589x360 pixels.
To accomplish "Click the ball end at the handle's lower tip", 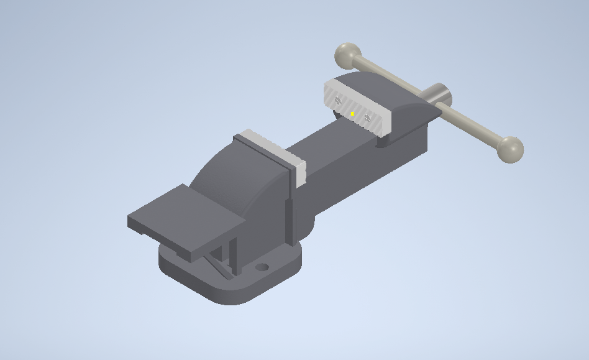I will pyautogui.click(x=510, y=149).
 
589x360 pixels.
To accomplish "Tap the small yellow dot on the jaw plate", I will pyautogui.click(x=352, y=114).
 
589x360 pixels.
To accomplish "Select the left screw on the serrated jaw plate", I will pyautogui.click(x=338, y=99).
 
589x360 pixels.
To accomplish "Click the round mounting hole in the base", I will pyautogui.click(x=262, y=267).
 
